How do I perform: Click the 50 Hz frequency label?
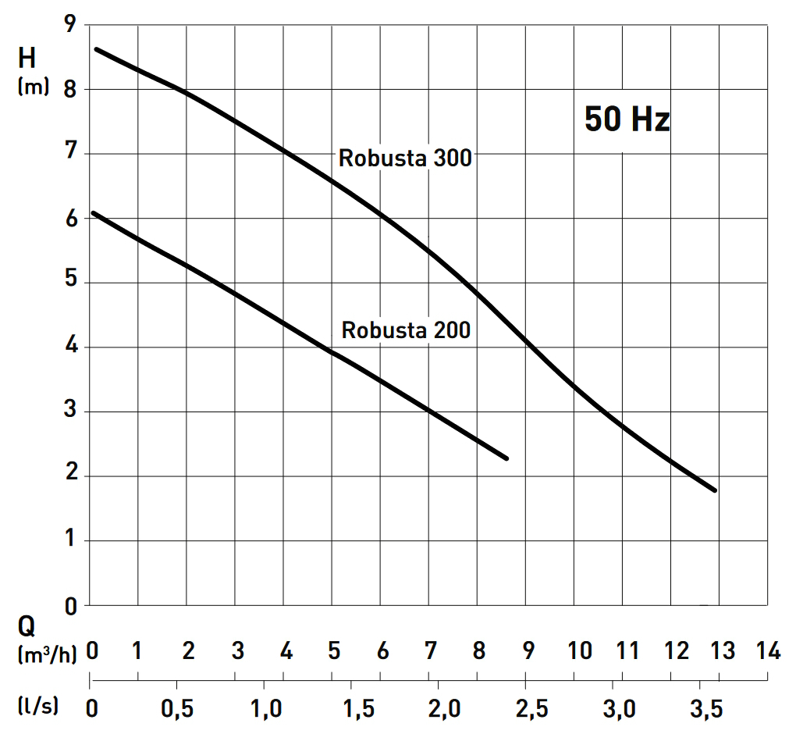[627, 120]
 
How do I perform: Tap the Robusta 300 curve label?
[405, 159]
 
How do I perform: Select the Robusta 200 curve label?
[406, 330]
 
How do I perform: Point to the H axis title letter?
[28, 59]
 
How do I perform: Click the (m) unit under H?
[33, 87]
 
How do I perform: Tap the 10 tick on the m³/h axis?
[580, 650]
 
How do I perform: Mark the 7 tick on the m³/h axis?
[430, 650]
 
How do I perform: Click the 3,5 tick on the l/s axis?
[707, 709]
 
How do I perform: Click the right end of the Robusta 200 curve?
[507, 458]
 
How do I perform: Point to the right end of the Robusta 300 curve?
[714, 490]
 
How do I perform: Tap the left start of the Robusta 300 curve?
[96, 48]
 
